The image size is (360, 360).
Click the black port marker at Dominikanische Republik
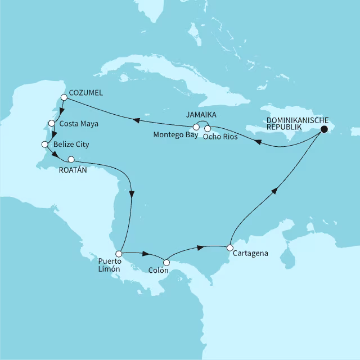pyautogui.click(x=324, y=130)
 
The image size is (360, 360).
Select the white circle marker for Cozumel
pyautogui.click(x=64, y=97)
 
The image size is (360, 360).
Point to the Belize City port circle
pyautogui.click(x=45, y=145)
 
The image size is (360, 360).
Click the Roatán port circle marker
pyautogui.click(x=71, y=159)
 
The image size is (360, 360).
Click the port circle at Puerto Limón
pyautogui.click(x=119, y=254)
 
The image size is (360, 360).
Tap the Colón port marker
pyautogui.click(x=166, y=262)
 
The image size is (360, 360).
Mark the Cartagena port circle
pyautogui.click(x=229, y=247)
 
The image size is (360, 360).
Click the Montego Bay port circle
pyautogui.click(x=196, y=126)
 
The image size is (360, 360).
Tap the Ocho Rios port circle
pyautogui.click(x=207, y=129)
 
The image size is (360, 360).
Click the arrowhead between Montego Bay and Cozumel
pyautogui.click(x=136, y=119)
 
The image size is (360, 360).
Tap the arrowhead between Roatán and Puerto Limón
pyautogui.click(x=132, y=194)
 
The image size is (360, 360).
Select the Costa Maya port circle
pyautogui.click(x=52, y=123)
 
